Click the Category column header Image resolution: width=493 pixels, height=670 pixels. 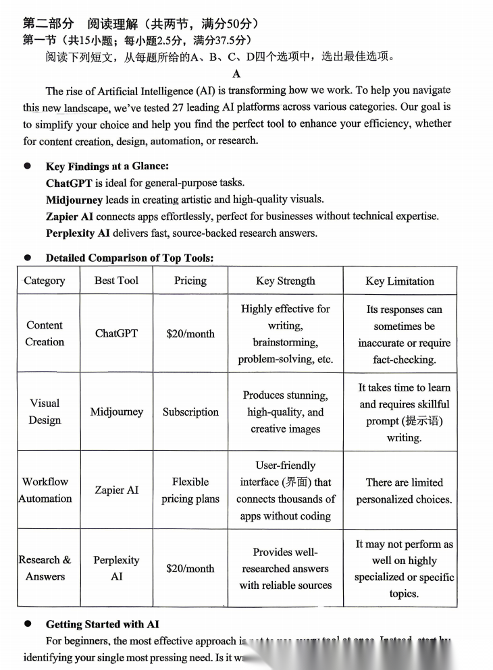click(x=45, y=281)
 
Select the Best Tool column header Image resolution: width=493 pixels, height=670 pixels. click(x=116, y=281)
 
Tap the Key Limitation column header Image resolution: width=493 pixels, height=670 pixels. click(x=400, y=281)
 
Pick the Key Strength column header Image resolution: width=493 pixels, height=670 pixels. click(x=285, y=281)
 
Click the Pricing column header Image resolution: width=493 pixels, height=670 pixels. click(x=190, y=281)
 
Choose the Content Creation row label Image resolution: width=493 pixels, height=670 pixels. click(x=45, y=333)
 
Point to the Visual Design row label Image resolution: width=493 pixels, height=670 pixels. click(x=45, y=412)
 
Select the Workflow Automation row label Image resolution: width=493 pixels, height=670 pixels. click(x=45, y=490)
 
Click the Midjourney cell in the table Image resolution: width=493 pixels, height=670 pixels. click(x=117, y=412)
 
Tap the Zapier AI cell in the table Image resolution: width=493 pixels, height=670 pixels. click(x=117, y=490)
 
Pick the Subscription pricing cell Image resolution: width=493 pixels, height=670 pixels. click(x=190, y=412)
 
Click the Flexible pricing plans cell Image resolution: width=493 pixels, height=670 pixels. click(x=190, y=491)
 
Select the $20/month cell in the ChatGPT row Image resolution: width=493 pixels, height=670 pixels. click(x=190, y=333)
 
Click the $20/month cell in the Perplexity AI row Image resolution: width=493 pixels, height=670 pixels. click(x=190, y=568)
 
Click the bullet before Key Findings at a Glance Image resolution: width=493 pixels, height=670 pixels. click(x=28, y=166)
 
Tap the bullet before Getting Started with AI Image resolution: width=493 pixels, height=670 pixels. click(x=28, y=624)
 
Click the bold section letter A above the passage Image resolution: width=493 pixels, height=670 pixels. click(x=236, y=74)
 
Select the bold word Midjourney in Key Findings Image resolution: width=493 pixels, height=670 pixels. click(x=74, y=200)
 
